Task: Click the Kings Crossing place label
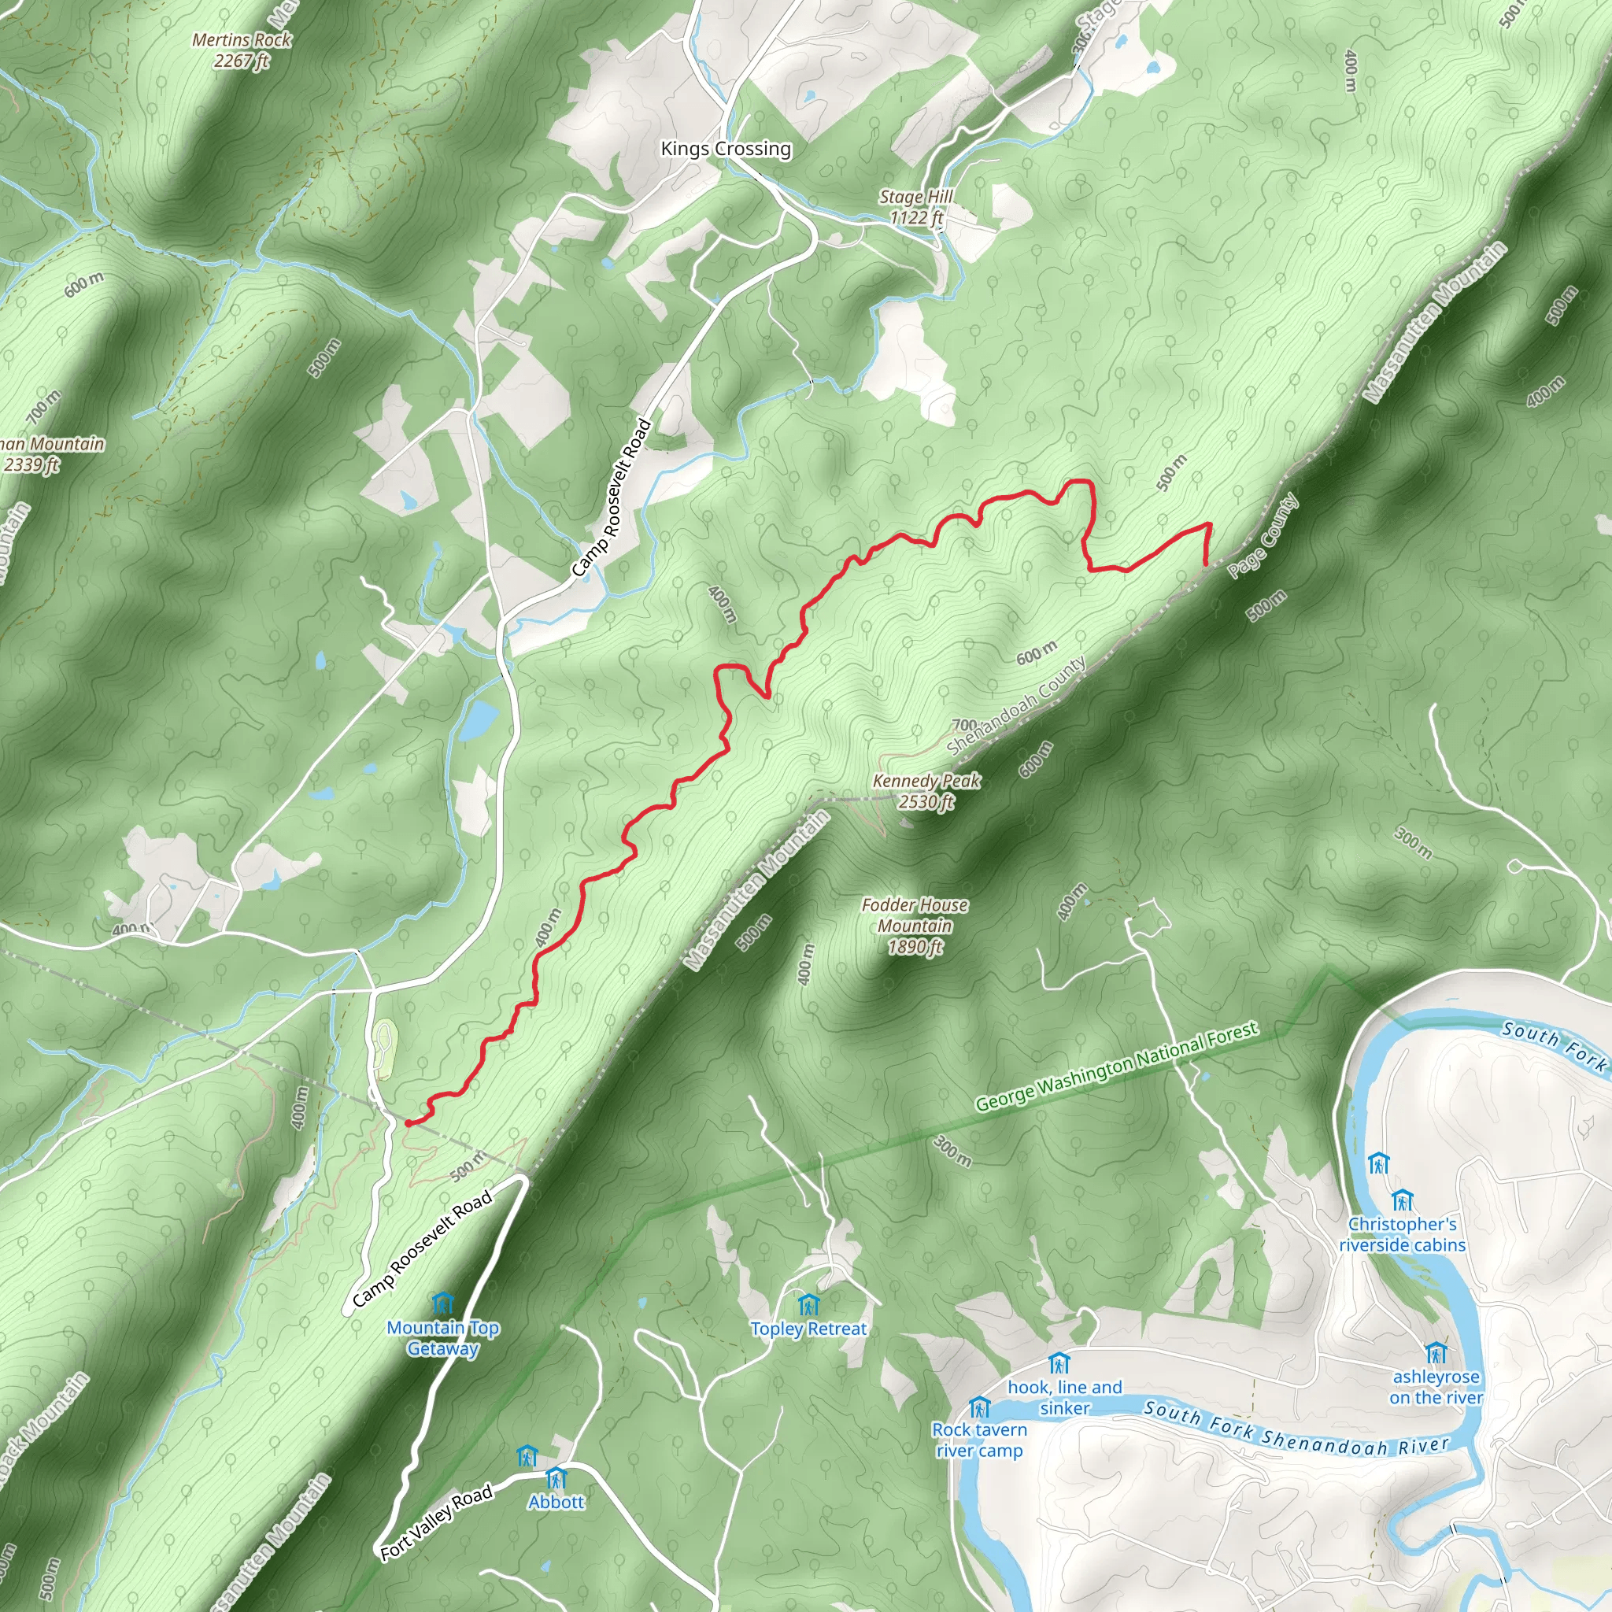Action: (x=725, y=149)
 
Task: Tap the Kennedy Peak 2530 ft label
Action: (x=926, y=791)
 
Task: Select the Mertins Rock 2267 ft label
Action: (x=241, y=50)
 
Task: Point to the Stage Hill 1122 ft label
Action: (x=915, y=207)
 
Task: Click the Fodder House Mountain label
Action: (x=915, y=926)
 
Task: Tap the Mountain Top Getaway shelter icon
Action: (x=443, y=1303)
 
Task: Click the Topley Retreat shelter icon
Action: (x=808, y=1304)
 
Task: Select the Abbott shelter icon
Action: (x=556, y=1479)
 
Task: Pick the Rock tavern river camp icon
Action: (x=979, y=1408)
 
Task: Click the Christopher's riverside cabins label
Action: (x=1402, y=1234)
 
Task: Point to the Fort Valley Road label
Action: (x=435, y=1523)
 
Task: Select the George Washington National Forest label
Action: (x=1116, y=1067)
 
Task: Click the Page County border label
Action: (x=1263, y=536)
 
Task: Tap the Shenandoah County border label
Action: (x=1017, y=705)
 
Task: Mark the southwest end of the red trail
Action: (x=408, y=1124)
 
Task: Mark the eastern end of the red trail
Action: (x=1207, y=565)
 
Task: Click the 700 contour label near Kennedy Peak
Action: (x=964, y=725)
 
